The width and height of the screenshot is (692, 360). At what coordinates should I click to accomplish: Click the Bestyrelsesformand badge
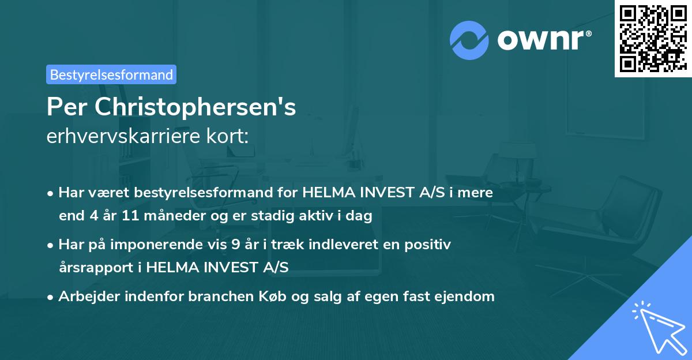tap(111, 74)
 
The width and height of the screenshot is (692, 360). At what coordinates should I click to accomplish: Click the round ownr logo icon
tap(469, 39)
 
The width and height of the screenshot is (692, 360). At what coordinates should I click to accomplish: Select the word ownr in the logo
tap(543, 39)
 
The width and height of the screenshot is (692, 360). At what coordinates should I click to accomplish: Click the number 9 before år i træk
tap(235, 245)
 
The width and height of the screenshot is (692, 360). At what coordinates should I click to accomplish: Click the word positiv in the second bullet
tap(430, 245)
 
